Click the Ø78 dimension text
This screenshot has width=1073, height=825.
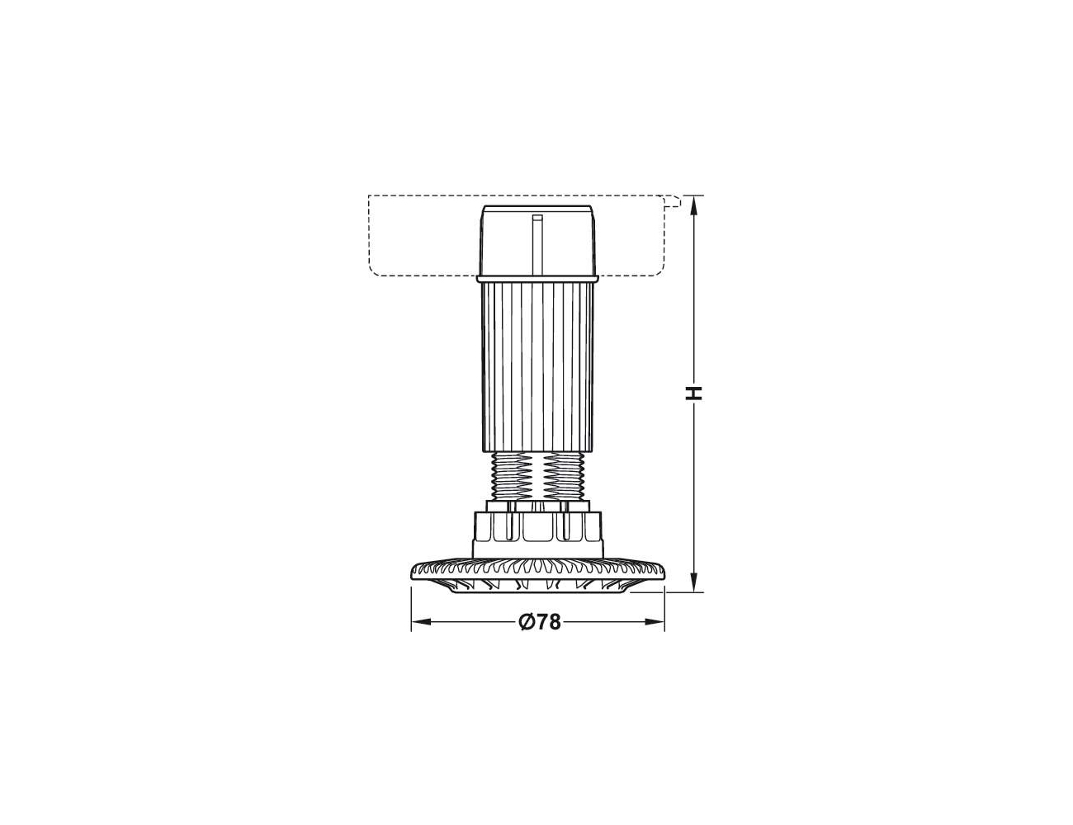(539, 622)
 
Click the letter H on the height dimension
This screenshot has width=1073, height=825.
(695, 394)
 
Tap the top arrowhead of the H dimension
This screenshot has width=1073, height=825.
(694, 205)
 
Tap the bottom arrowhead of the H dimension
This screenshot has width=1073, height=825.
(694, 582)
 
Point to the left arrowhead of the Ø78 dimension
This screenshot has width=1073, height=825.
(421, 622)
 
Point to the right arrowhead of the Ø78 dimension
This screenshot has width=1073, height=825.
(655, 622)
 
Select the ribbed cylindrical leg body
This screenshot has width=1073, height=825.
(538, 367)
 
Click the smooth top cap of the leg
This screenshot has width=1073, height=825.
(537, 240)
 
